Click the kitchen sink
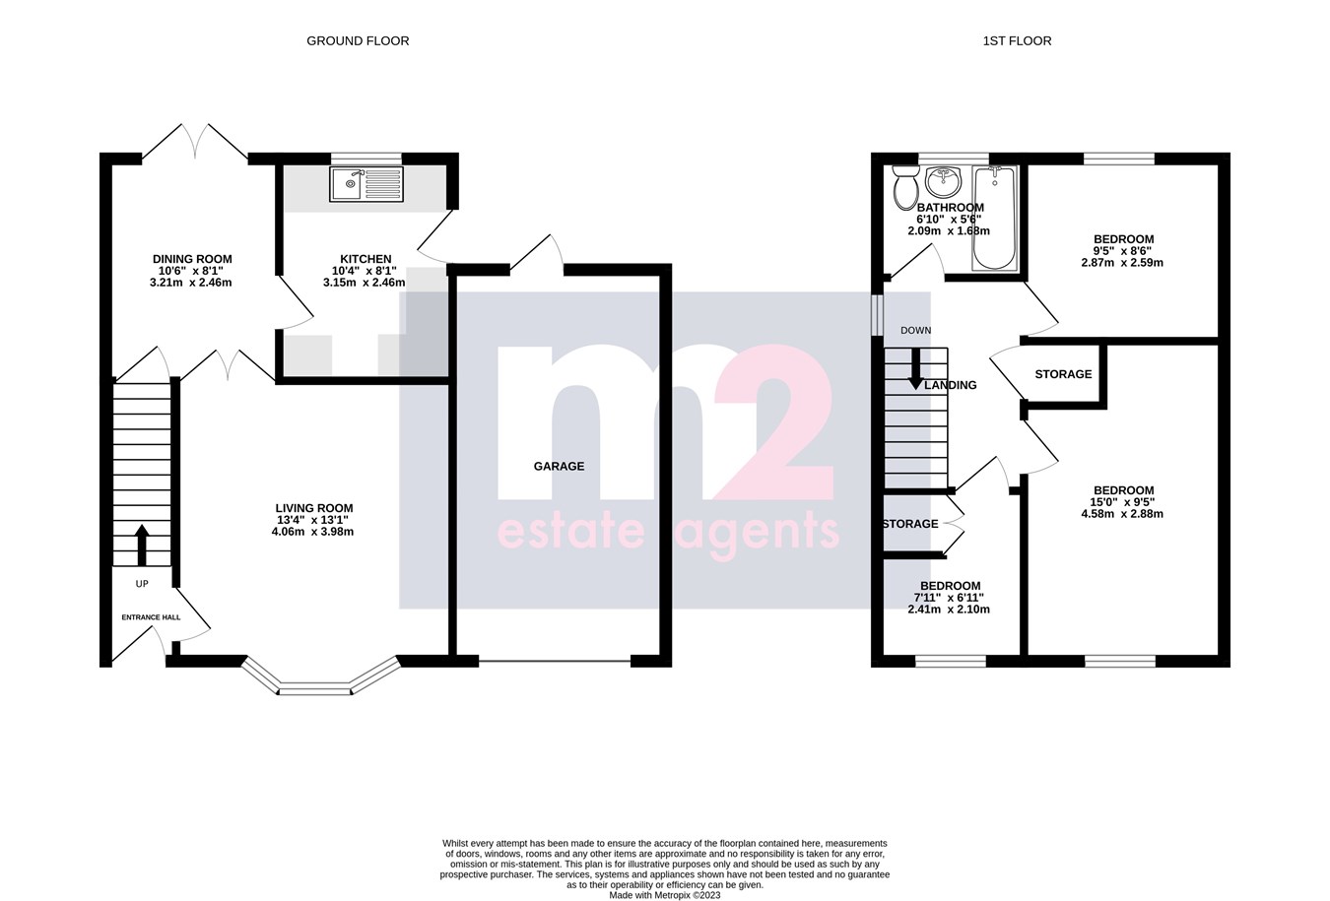pyautogui.click(x=366, y=184)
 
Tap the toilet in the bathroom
pyautogui.click(x=905, y=186)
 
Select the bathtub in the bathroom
pyautogui.click(x=994, y=219)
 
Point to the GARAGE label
pyautogui.click(x=559, y=467)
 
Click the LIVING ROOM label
pyautogui.click(x=313, y=509)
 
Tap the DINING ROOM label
pyautogui.click(x=192, y=260)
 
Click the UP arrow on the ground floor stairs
pyautogui.click(x=142, y=545)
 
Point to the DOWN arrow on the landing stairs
pyautogui.click(x=915, y=369)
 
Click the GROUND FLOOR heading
pyautogui.click(x=358, y=41)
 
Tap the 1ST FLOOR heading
pyautogui.click(x=1017, y=41)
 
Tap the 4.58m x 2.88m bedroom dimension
pyautogui.click(x=1122, y=514)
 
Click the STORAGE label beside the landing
pyautogui.click(x=1063, y=374)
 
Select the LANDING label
pyautogui.click(x=951, y=385)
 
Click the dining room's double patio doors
pyautogui.click(x=195, y=143)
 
